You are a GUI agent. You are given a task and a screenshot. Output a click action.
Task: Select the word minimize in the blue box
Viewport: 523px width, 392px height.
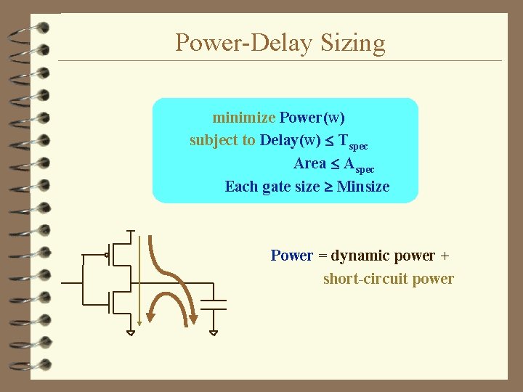tap(243, 117)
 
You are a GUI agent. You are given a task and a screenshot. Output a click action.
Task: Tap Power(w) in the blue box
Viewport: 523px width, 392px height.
tap(312, 117)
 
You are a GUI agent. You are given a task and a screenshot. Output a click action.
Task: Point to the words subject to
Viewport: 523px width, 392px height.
tap(222, 140)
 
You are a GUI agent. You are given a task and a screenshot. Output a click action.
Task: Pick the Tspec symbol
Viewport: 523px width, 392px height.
tap(354, 142)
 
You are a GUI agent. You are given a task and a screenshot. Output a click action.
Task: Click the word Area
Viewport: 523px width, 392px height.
tap(310, 163)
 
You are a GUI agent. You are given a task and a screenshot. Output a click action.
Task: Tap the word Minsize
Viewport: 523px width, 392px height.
tap(363, 187)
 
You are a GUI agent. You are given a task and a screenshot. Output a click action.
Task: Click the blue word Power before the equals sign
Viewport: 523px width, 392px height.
tap(291, 256)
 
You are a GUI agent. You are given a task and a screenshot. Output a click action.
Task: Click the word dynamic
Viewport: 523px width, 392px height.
tap(362, 256)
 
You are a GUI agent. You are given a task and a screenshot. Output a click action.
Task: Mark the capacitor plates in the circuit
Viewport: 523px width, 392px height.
tap(213, 303)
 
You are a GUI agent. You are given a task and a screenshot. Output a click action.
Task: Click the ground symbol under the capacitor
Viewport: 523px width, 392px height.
tap(213, 332)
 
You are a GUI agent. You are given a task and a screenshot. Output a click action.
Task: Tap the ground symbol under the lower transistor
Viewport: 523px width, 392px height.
tap(130, 332)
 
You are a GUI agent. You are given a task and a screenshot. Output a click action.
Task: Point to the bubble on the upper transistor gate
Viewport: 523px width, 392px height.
tap(107, 254)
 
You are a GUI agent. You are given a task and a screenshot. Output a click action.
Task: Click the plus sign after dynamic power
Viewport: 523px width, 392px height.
tap(445, 256)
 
